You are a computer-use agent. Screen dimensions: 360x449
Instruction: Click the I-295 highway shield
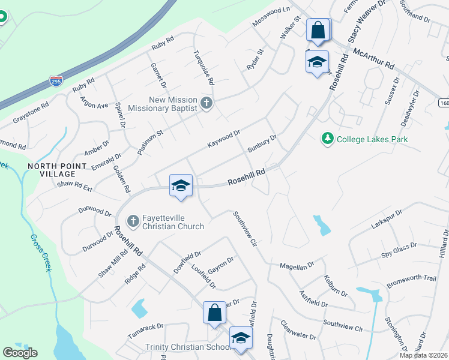[56, 82]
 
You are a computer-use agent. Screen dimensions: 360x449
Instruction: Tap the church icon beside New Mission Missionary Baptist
[206, 103]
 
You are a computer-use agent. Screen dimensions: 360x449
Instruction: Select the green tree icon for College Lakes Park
[327, 139]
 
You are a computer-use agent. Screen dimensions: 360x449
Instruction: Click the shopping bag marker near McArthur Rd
[318, 31]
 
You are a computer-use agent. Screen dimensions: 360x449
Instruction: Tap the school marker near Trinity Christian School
[241, 339]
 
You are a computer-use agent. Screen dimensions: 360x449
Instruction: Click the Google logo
[20, 353]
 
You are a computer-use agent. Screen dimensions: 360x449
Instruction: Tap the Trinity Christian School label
[188, 347]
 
